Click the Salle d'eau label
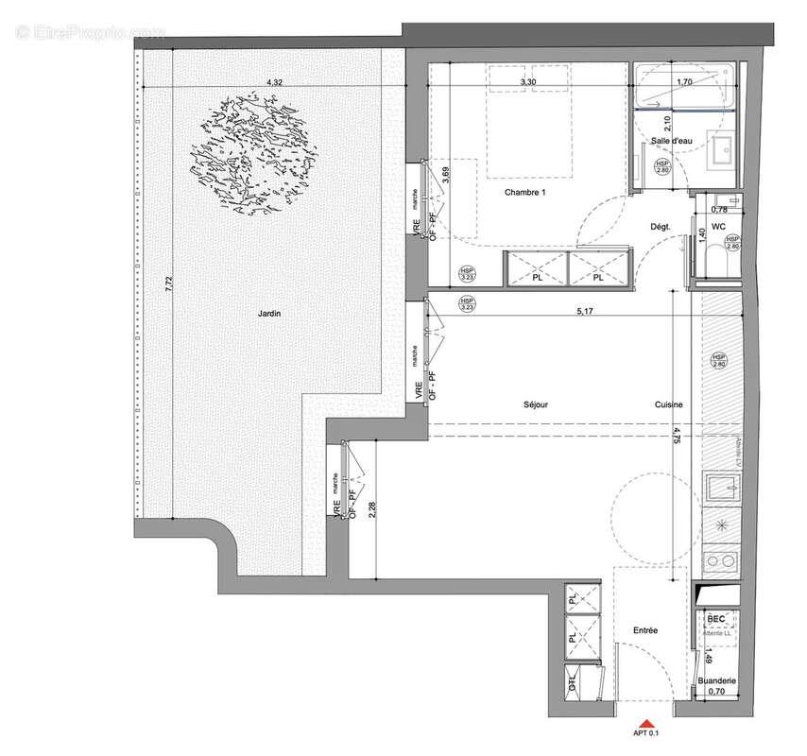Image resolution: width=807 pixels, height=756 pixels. [x=672, y=141]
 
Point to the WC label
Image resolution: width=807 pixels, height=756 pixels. [x=718, y=227]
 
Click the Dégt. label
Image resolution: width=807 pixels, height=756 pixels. [x=661, y=227]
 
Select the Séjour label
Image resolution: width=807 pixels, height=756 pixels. [x=536, y=404]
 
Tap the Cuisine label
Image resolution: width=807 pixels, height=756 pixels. [x=668, y=404]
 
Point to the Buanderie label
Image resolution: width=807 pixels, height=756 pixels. [x=717, y=680]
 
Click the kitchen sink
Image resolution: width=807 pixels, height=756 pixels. [x=720, y=489]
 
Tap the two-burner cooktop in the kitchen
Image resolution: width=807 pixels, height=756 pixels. [x=720, y=561]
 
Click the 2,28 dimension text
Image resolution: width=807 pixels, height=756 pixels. [x=371, y=511]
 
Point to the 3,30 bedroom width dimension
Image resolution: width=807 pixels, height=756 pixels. [x=529, y=83]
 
